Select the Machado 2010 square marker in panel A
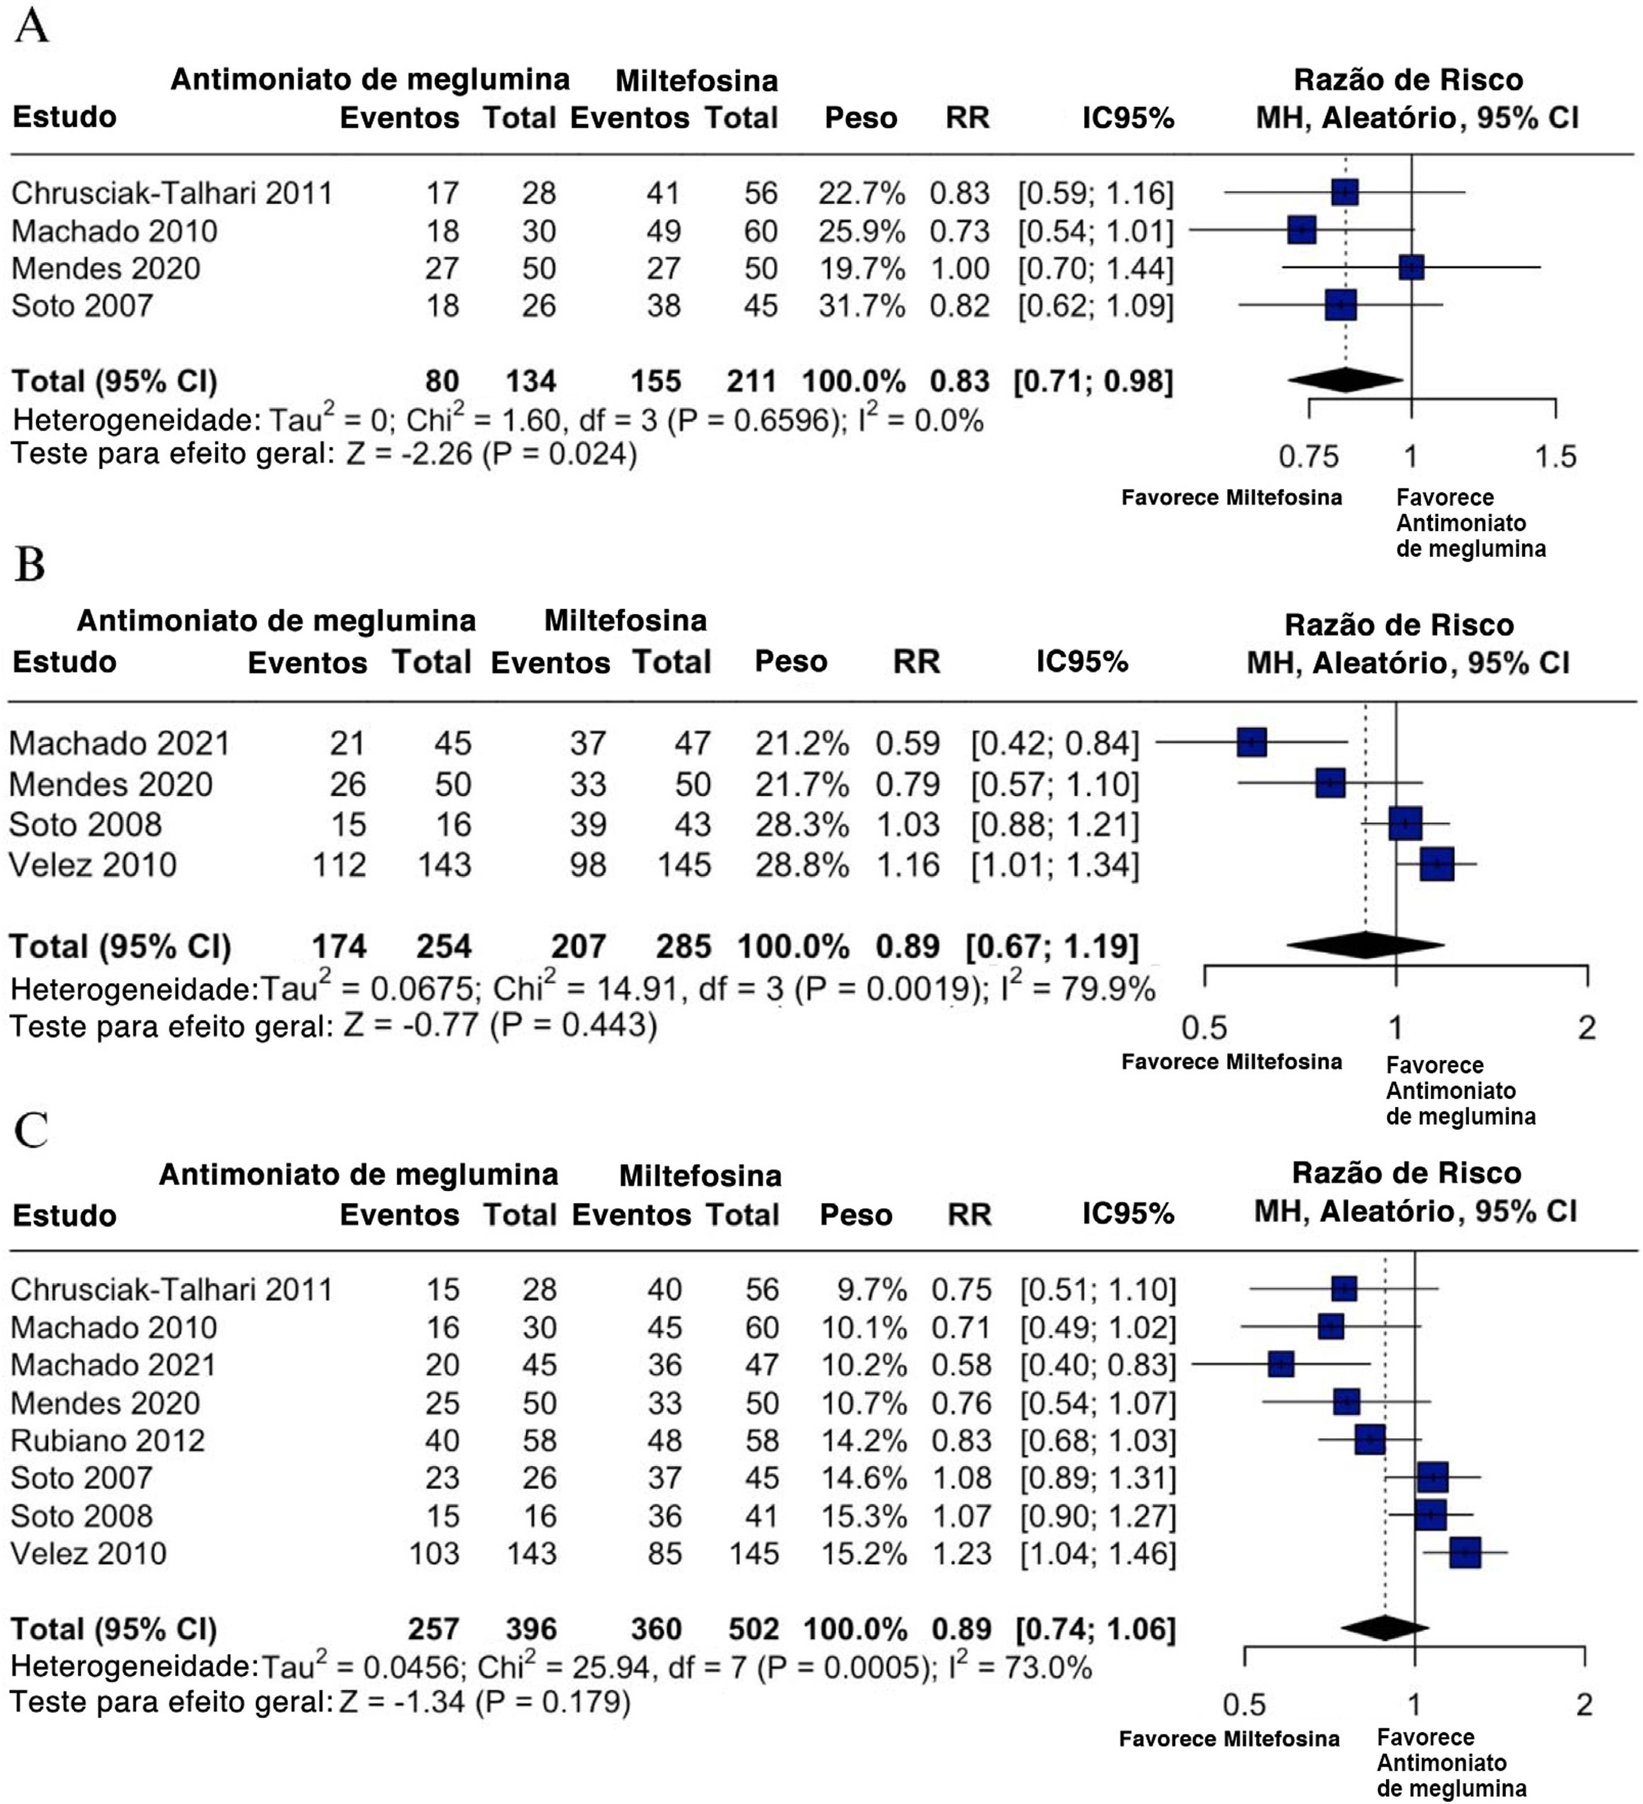[1302, 230]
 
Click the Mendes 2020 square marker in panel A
[1411, 268]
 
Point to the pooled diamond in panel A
[1345, 380]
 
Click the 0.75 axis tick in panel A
[1309, 457]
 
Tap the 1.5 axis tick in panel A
[1555, 457]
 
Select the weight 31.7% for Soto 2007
[861, 306]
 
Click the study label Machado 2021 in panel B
[120, 743]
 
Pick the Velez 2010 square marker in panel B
[1437, 864]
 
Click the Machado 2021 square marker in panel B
[1252, 742]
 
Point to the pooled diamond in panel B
[1365, 945]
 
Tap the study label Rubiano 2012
[108, 1441]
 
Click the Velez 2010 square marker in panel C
[1465, 1552]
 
